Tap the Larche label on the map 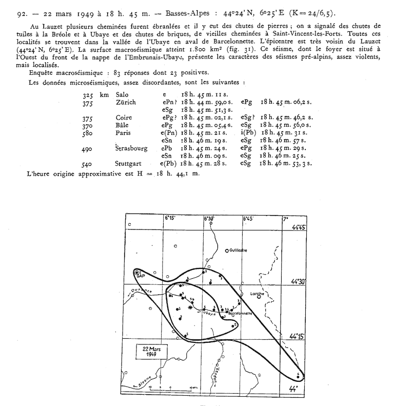coord(257,294)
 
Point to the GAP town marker coord(137,274)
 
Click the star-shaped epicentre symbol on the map coord(191,308)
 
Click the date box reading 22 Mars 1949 coord(150,352)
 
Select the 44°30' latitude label coord(298,281)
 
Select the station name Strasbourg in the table coord(131,148)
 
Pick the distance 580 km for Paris coord(90,133)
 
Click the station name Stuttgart coord(128,164)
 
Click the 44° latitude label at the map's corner coord(293,389)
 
